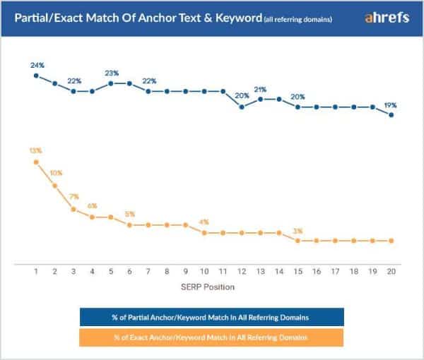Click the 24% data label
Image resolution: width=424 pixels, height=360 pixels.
[37, 65]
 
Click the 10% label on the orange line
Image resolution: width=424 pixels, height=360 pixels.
[56, 174]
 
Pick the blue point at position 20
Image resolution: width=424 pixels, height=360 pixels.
[391, 114]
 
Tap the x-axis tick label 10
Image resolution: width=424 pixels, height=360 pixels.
[204, 271]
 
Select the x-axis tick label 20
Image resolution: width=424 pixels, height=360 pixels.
[391, 271]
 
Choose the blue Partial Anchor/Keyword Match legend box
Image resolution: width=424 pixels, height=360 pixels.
[212, 316]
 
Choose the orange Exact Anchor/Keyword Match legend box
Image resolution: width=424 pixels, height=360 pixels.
[212, 338]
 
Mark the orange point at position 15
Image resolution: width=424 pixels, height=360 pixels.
[298, 241]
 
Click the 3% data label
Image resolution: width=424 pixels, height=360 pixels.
[298, 230]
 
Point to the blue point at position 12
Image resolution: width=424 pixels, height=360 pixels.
[242, 107]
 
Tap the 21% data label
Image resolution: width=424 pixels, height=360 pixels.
[261, 90]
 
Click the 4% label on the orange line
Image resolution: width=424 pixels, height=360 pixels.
[204, 222]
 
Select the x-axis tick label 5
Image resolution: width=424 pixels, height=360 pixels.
[111, 271]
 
